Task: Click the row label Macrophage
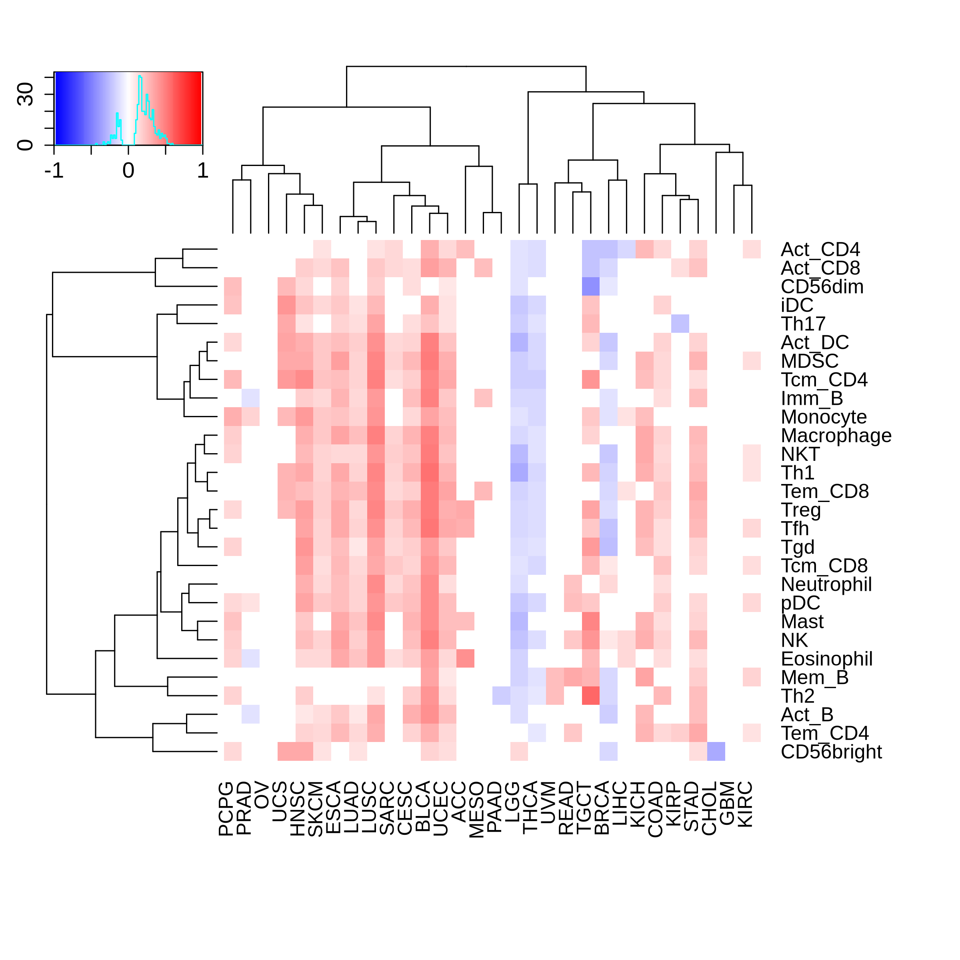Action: click(x=836, y=436)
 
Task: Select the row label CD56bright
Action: click(x=831, y=752)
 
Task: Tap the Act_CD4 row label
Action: click(x=820, y=250)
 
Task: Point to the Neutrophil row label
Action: click(x=826, y=584)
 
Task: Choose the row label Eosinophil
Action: click(x=826, y=659)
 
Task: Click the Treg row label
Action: click(x=800, y=510)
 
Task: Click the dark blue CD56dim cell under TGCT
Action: click(x=591, y=287)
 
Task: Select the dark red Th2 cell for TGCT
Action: click(x=591, y=696)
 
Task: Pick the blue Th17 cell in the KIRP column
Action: click(x=680, y=324)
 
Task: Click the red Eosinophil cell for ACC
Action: click(x=465, y=658)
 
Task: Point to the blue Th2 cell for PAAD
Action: click(x=501, y=696)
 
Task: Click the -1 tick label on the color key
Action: click(x=54, y=171)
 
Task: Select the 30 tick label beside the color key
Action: click(x=25, y=94)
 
